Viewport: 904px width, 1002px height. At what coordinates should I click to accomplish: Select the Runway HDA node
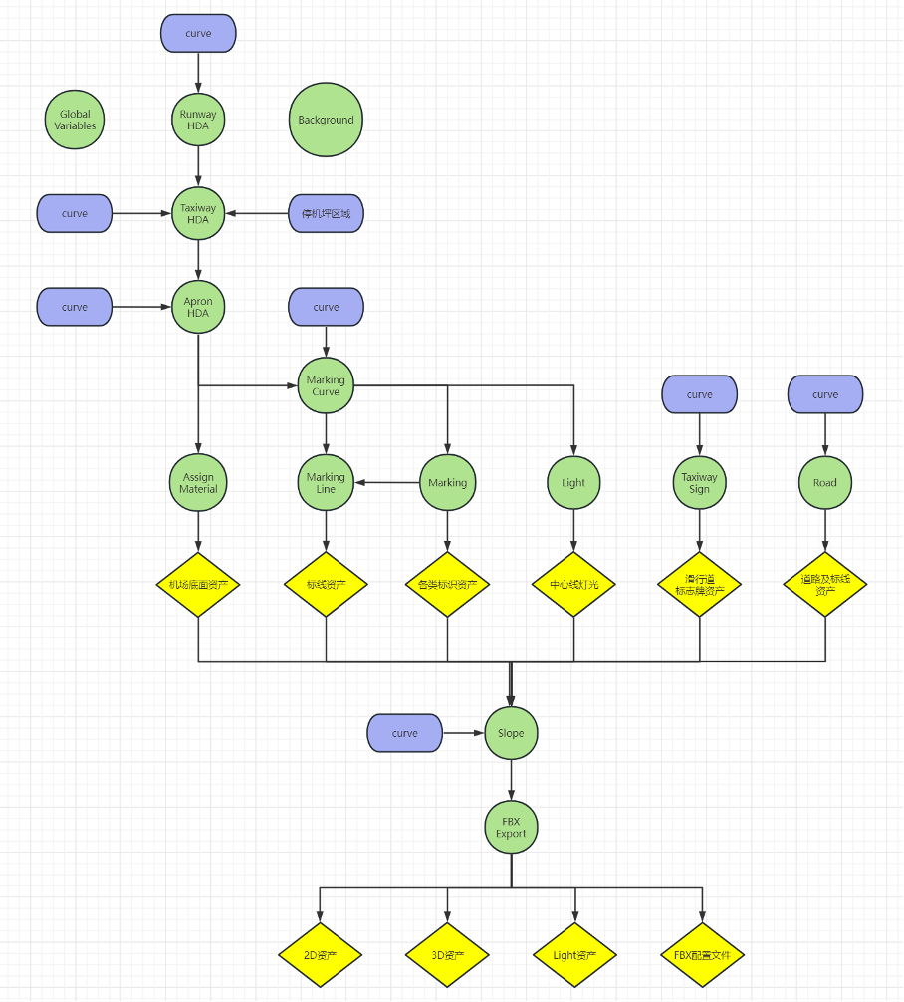pyautogui.click(x=198, y=121)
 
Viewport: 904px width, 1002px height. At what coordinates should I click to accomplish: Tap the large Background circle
pyautogui.click(x=326, y=120)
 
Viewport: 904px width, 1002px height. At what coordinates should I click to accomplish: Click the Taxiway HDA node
pyautogui.click(x=198, y=213)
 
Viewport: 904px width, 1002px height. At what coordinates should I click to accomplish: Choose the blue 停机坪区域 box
pyautogui.click(x=326, y=213)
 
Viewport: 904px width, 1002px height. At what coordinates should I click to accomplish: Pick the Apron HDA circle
pyautogui.click(x=198, y=307)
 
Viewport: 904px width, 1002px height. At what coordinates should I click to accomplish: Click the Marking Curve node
pyautogui.click(x=326, y=385)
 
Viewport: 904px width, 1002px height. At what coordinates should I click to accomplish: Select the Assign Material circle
pyautogui.click(x=198, y=483)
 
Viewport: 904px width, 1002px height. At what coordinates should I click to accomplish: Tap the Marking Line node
pyautogui.click(x=326, y=483)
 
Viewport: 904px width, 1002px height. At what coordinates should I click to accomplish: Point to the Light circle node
pyautogui.click(x=573, y=483)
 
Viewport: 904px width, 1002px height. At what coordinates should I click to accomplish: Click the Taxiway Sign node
pyautogui.click(x=699, y=483)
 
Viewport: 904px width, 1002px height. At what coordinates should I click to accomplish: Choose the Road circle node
pyautogui.click(x=824, y=483)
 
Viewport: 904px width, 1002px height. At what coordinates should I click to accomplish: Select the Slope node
pyautogui.click(x=511, y=733)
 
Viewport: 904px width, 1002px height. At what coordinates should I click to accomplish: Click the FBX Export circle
pyautogui.click(x=511, y=827)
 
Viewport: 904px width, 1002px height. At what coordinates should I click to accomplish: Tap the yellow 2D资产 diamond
pyautogui.click(x=320, y=955)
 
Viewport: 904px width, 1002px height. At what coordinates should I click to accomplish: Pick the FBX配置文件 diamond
pyautogui.click(x=702, y=955)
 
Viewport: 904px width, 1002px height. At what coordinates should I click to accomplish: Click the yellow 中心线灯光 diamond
pyautogui.click(x=573, y=585)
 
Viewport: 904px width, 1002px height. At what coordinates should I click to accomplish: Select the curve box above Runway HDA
pyautogui.click(x=198, y=33)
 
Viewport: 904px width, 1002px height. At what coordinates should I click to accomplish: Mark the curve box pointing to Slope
pyautogui.click(x=404, y=733)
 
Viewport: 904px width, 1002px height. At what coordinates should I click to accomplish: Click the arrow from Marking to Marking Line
pyautogui.click(x=387, y=483)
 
